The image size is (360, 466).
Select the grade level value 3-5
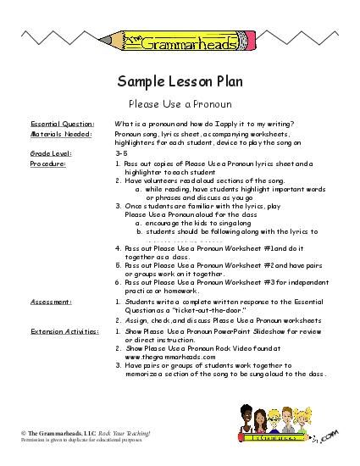(x=119, y=153)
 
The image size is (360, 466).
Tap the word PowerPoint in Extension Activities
(x=219, y=330)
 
